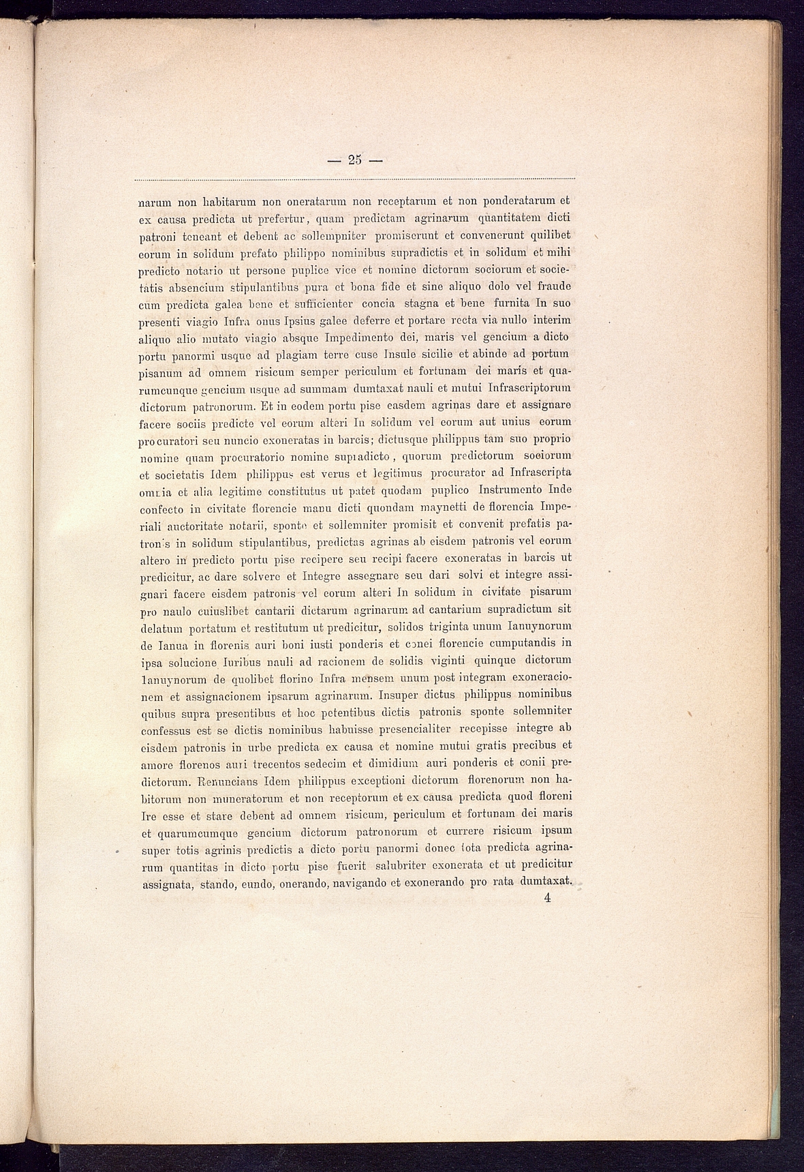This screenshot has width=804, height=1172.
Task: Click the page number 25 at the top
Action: (354, 161)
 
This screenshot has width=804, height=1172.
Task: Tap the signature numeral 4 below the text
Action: (547, 898)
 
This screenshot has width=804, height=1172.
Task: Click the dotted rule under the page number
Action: (354, 179)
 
